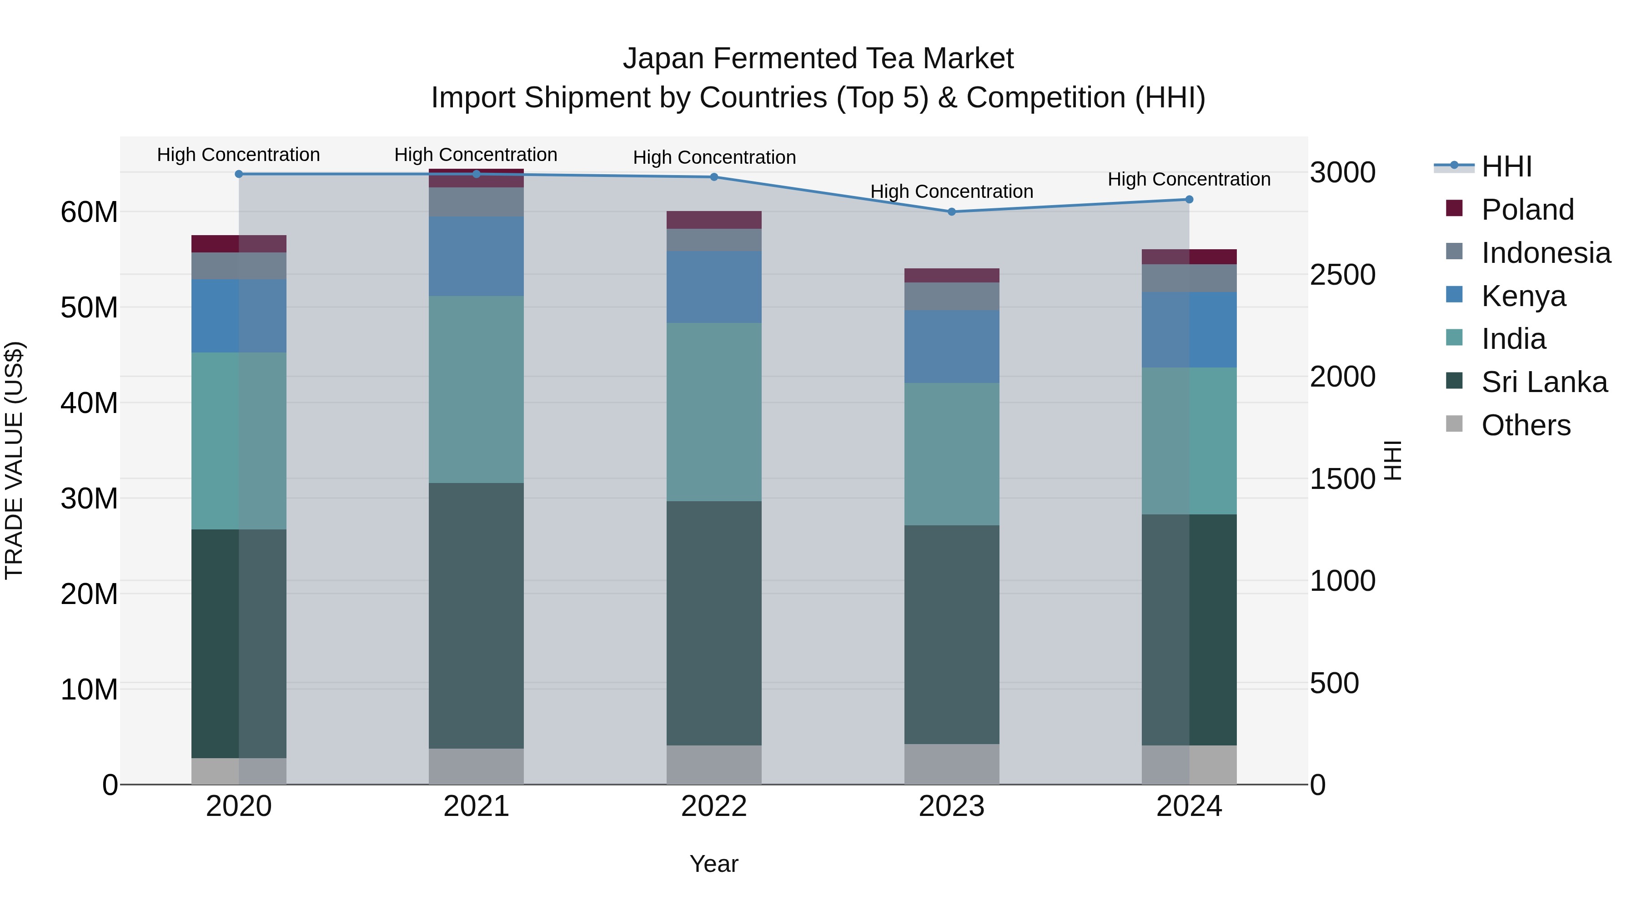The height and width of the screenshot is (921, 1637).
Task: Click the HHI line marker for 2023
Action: pyautogui.click(x=951, y=211)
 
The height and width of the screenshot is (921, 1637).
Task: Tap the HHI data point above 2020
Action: pyautogui.click(x=239, y=174)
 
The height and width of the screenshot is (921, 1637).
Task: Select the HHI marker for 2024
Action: pyautogui.click(x=1189, y=200)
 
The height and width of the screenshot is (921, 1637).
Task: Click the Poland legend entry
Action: pyautogui.click(x=1527, y=210)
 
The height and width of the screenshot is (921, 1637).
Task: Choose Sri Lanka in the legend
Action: pyautogui.click(x=1544, y=382)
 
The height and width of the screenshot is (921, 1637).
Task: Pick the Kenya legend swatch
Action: pyautogui.click(x=1454, y=295)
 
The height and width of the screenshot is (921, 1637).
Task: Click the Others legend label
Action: pyautogui.click(x=1526, y=425)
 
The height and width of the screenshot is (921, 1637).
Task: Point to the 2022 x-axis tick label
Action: pyautogui.click(x=713, y=806)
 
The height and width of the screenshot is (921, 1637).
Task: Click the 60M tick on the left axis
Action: pyautogui.click(x=89, y=211)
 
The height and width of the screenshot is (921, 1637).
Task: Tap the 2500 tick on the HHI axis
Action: pyautogui.click(x=1343, y=275)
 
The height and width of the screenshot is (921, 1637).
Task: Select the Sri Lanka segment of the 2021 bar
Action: pyautogui.click(x=476, y=615)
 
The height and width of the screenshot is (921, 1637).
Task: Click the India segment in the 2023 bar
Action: pyautogui.click(x=951, y=454)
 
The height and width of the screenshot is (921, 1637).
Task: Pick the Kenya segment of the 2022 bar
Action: pyautogui.click(x=713, y=287)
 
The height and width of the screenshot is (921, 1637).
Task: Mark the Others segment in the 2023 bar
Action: pyautogui.click(x=951, y=764)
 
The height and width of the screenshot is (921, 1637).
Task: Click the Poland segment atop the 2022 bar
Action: pyautogui.click(x=713, y=220)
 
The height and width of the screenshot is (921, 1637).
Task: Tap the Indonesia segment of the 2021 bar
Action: pyautogui.click(x=476, y=201)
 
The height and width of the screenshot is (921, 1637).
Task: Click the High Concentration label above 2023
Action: pyautogui.click(x=951, y=191)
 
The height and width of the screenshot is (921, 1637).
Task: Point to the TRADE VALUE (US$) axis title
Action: pyautogui.click(x=14, y=460)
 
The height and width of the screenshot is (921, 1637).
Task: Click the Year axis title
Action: pyautogui.click(x=713, y=864)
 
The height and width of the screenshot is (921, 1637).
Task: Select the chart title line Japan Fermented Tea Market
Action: pyautogui.click(x=818, y=59)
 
